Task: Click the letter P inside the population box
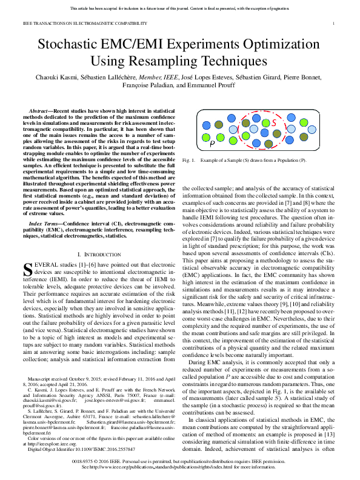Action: point(212,144)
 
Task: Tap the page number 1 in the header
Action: point(334,24)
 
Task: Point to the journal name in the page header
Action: point(85,24)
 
